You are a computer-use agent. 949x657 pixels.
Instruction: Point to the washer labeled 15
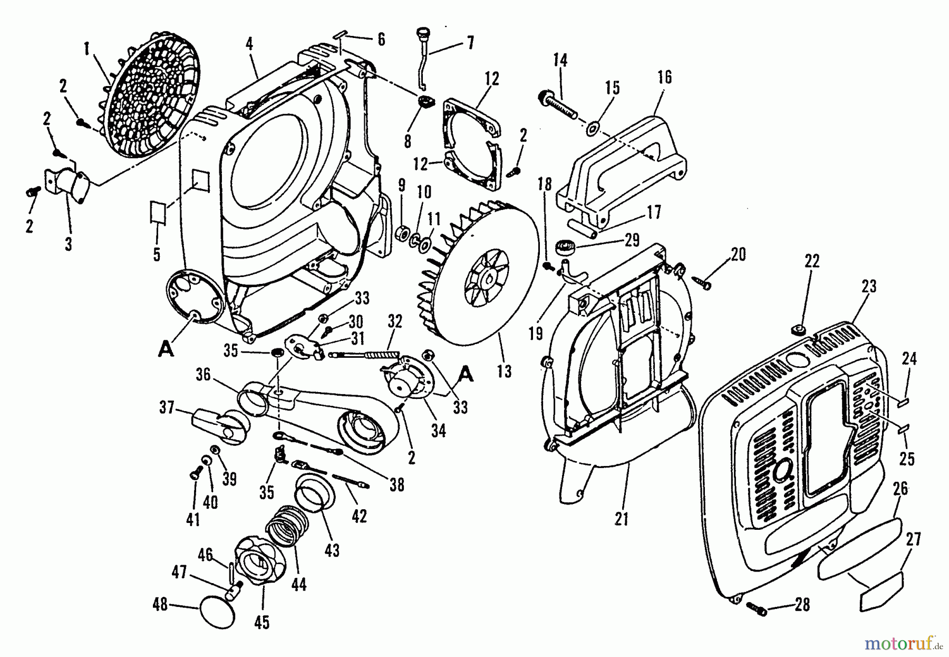(x=594, y=127)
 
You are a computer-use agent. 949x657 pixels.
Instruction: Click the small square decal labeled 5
(x=158, y=214)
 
